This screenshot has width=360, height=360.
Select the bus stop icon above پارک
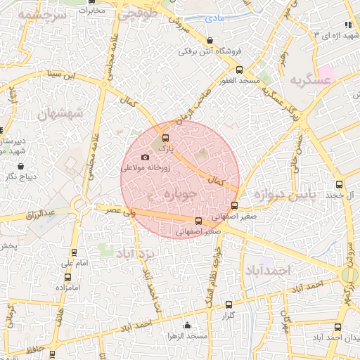[x=166, y=138]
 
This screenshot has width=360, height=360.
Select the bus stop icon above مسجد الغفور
[x=239, y=70]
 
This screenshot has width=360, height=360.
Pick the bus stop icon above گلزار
[x=228, y=305]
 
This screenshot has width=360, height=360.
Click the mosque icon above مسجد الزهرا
[x=186, y=325]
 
